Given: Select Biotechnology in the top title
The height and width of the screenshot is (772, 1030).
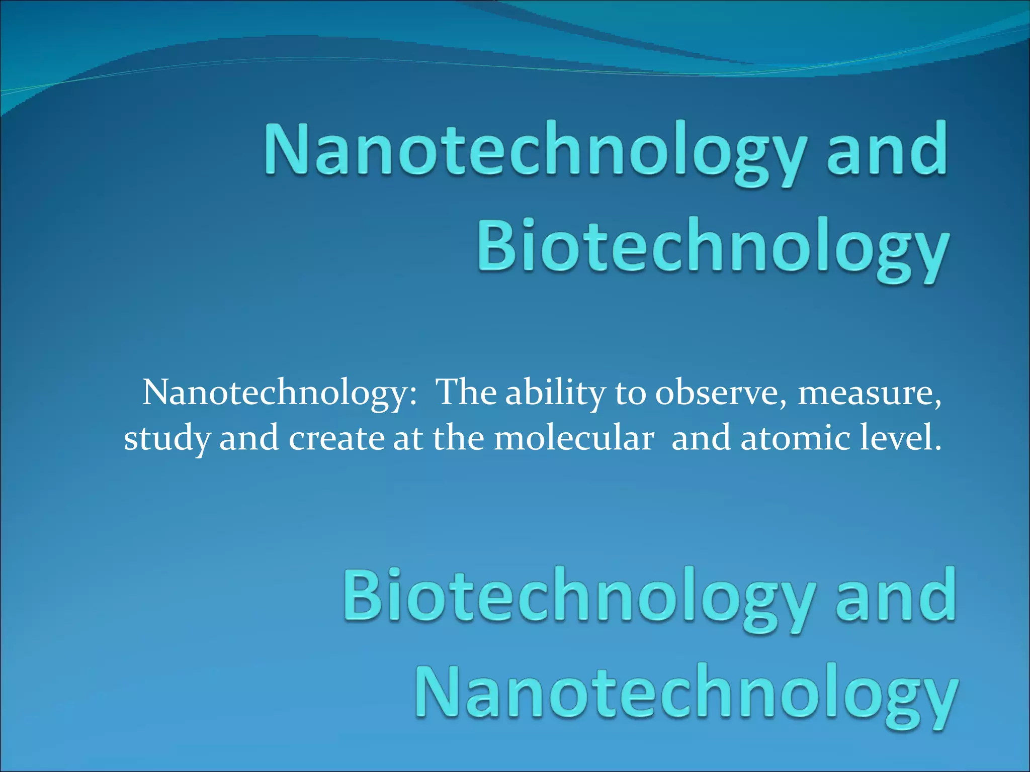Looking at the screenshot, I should point(713,249).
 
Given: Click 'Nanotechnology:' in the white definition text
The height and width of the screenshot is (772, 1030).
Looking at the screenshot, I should point(280,393).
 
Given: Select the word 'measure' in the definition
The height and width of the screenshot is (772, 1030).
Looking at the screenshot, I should point(869,393).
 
